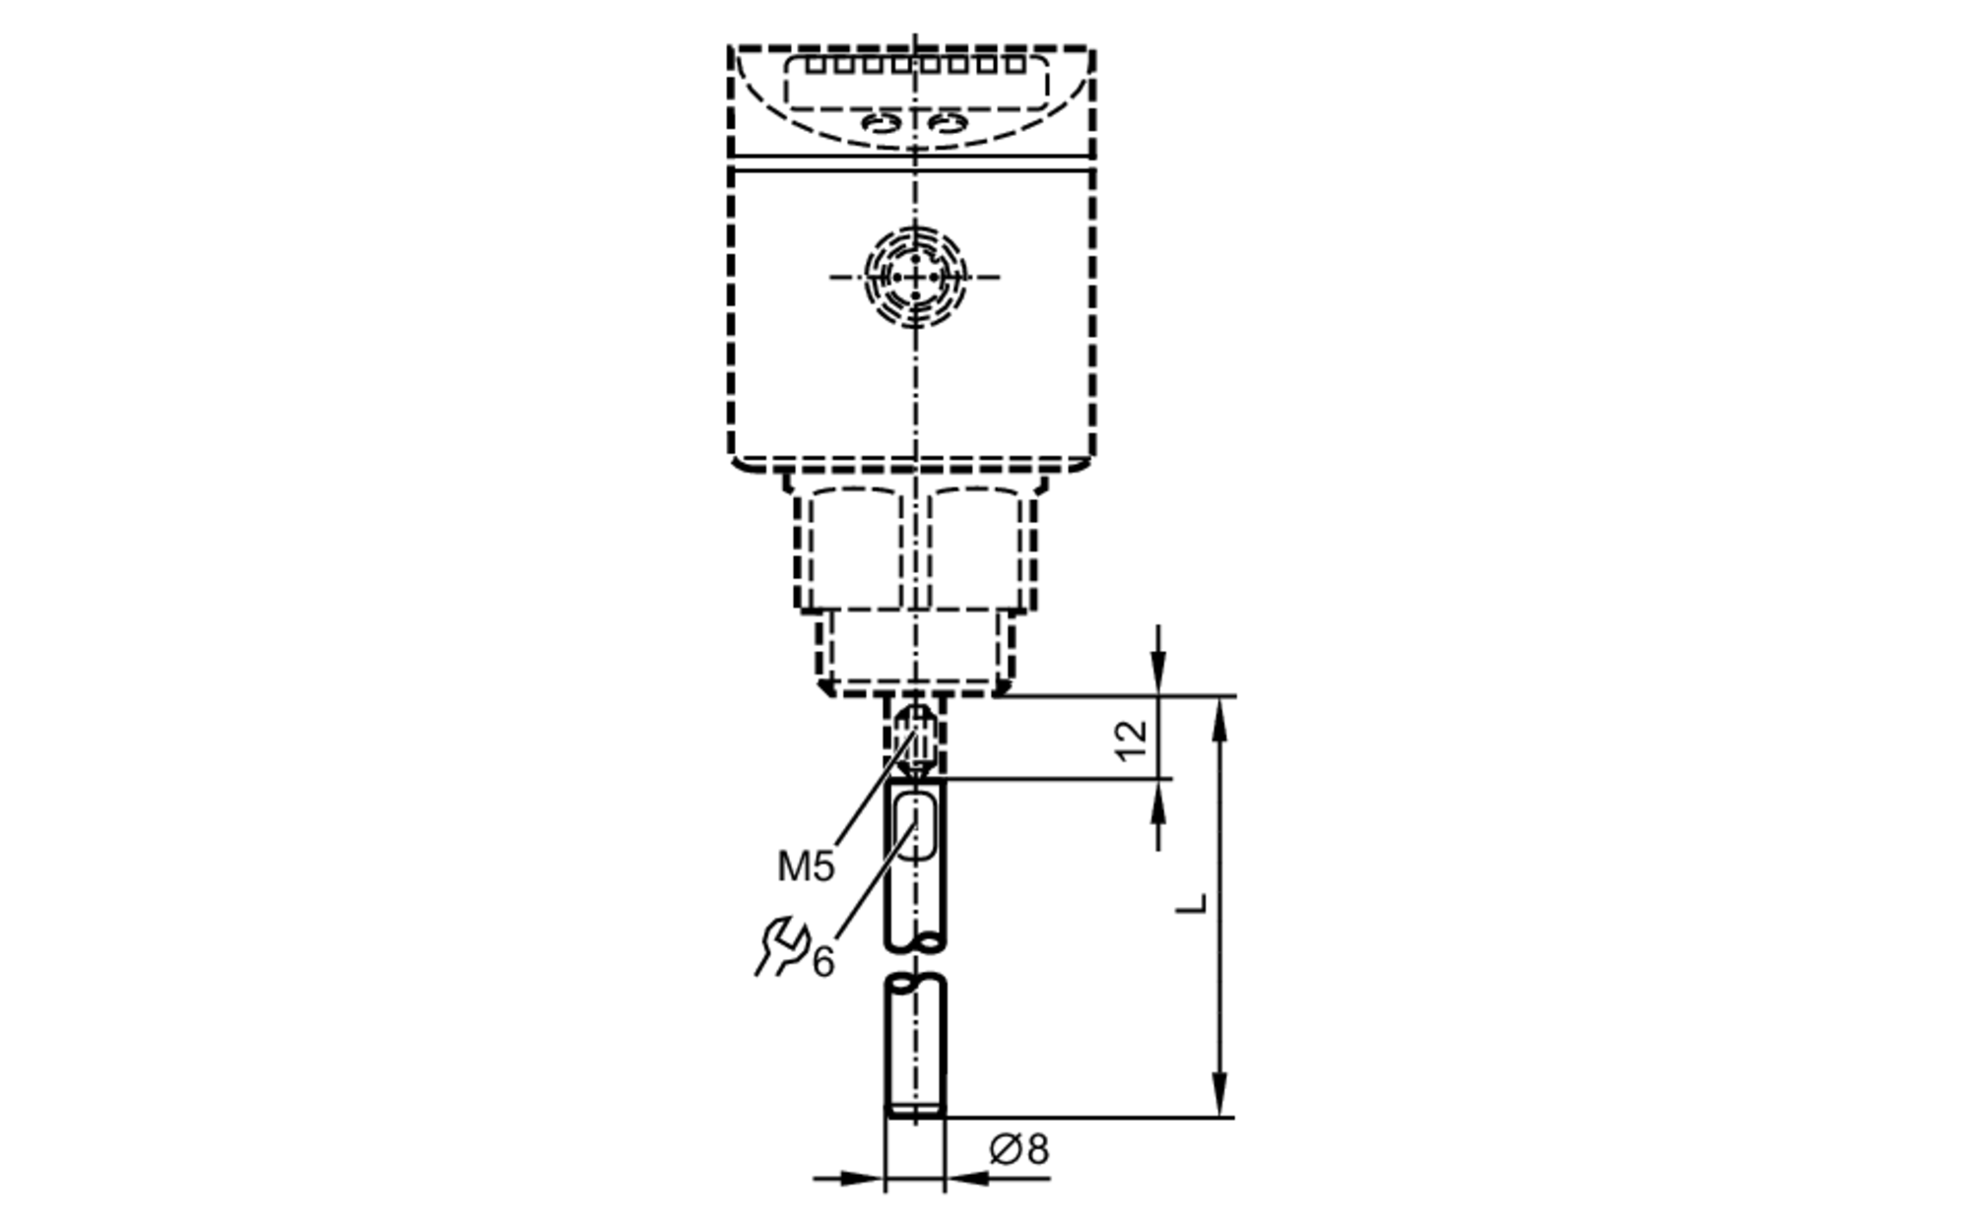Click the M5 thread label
coord(805,867)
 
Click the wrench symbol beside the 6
coord(780,946)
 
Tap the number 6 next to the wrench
coord(822,961)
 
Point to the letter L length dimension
coord(1192,903)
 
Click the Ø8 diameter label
coord(1019,1149)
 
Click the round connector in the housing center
coord(915,277)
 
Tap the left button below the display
coord(880,123)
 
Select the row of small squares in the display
coord(916,65)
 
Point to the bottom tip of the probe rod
coord(915,1113)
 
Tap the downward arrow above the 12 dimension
coord(1159,674)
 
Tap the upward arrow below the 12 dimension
coord(1159,803)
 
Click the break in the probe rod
coord(915,960)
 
